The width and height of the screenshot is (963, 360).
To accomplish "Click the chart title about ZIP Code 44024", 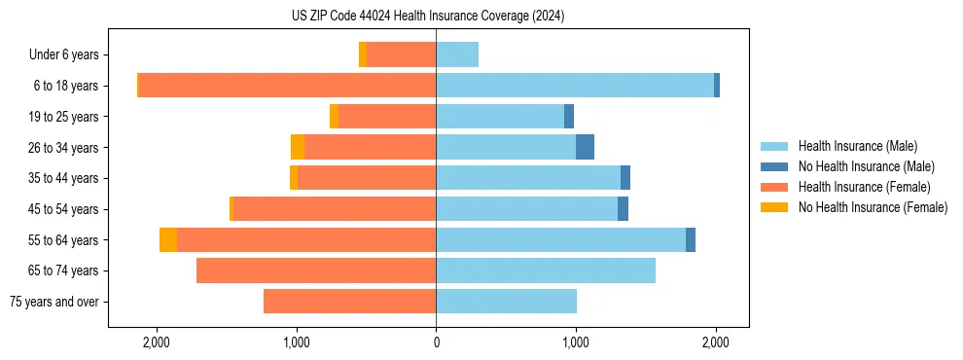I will [x=427, y=17].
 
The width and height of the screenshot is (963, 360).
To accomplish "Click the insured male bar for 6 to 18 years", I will [x=574, y=86].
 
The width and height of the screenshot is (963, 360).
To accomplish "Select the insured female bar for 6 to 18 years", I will [x=287, y=86].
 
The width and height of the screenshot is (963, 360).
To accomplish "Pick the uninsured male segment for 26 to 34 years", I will [x=585, y=147].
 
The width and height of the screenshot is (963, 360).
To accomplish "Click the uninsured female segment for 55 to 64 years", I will [x=168, y=239].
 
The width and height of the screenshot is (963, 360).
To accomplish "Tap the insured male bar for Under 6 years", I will [x=457, y=54].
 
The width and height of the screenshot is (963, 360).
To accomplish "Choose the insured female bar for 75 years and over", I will [x=349, y=302].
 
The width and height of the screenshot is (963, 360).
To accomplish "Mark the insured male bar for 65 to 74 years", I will [x=546, y=270].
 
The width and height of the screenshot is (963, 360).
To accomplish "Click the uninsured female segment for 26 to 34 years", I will [x=298, y=147].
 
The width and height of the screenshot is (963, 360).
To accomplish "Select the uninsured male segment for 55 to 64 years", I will [x=691, y=239].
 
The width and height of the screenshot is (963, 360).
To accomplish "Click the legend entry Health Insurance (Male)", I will [x=857, y=146].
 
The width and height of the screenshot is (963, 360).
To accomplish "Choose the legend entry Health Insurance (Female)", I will [x=861, y=187].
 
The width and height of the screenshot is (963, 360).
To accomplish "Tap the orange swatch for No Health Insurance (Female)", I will [x=775, y=207].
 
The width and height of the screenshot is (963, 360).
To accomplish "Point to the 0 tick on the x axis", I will [x=436, y=342].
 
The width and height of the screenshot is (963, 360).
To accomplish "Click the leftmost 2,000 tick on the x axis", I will [x=156, y=342].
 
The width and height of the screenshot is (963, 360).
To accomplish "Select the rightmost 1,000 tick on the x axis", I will [x=576, y=342].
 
